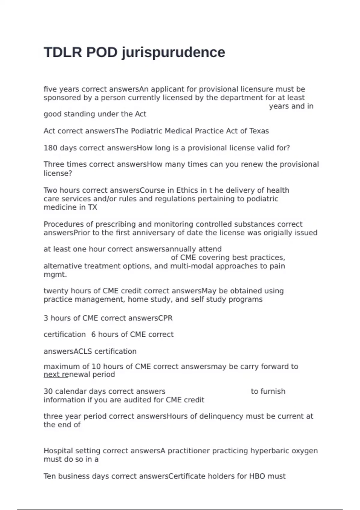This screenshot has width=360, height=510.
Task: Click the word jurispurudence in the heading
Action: (173, 53)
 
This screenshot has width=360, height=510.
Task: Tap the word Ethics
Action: (187, 190)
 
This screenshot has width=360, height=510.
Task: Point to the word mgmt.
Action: (55, 275)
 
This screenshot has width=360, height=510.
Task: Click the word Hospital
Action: (58, 451)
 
